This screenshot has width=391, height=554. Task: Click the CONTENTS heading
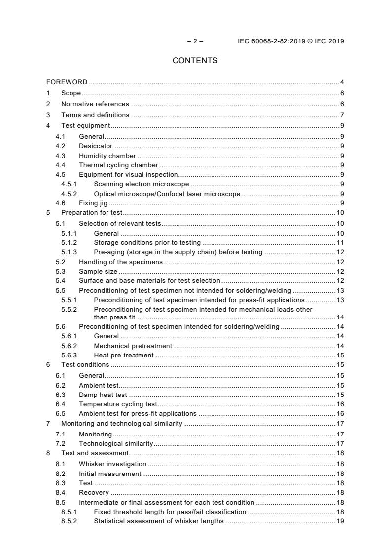[195, 61]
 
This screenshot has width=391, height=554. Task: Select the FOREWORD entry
[67, 82]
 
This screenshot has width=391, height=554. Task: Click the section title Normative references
[95, 104]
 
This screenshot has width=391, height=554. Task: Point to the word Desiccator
[96, 146]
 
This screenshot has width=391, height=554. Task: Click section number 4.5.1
[69, 184]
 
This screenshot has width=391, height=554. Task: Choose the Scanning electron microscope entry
[134, 184]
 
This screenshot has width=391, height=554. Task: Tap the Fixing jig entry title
[93, 203]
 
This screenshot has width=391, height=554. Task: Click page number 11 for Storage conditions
[340, 243]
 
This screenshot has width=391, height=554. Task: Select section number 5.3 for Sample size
[60, 272]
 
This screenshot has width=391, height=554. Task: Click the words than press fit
[114, 317]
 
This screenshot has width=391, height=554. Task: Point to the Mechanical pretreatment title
[133, 346]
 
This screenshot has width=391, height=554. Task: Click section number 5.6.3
[69, 356]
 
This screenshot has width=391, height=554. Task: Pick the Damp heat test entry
[103, 395]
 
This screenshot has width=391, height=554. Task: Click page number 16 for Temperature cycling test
[340, 404]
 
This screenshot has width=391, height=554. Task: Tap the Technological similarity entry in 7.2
[116, 443]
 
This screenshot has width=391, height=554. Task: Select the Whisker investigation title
[112, 464]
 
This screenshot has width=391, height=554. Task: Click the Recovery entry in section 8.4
[94, 493]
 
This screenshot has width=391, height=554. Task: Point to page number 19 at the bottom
[340, 521]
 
